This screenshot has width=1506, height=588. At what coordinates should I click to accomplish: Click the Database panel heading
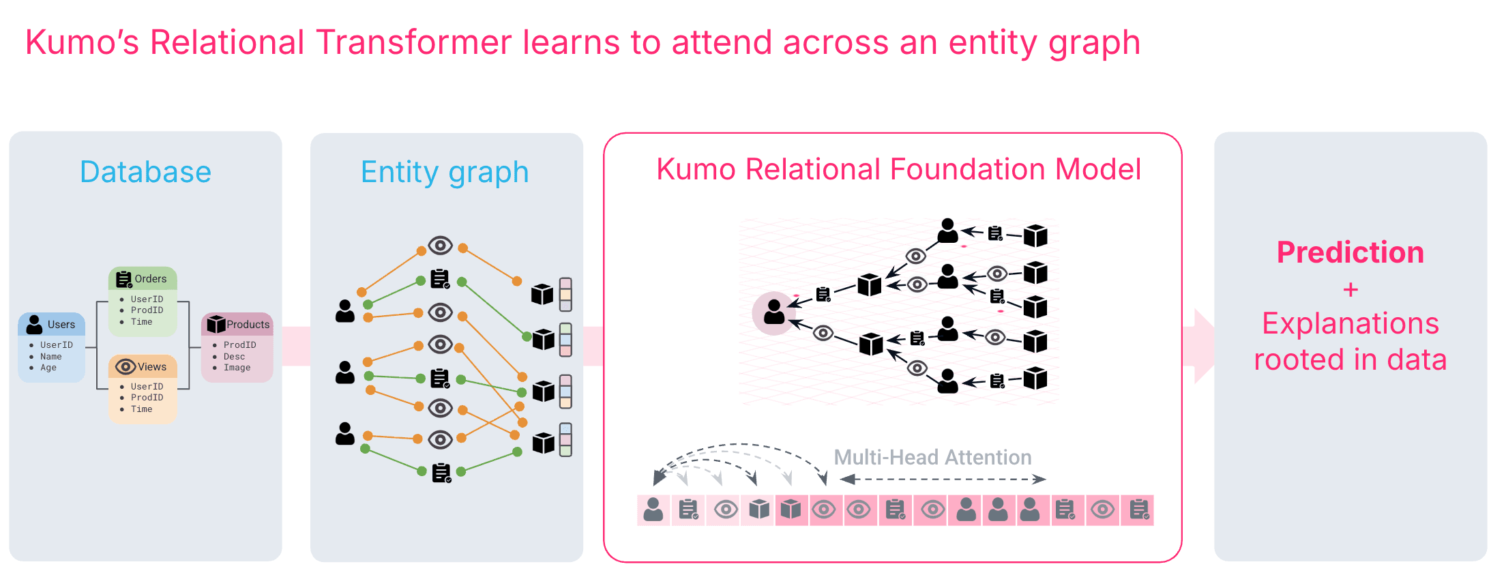click(x=145, y=172)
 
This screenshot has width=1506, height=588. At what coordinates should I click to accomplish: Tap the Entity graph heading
click(x=445, y=172)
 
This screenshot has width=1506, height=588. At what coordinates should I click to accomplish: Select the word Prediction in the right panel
click(x=1350, y=252)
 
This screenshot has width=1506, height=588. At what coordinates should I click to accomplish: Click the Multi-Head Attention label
click(x=932, y=457)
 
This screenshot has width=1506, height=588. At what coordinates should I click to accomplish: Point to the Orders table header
click(x=143, y=279)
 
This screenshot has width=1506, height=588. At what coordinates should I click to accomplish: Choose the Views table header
click(x=143, y=367)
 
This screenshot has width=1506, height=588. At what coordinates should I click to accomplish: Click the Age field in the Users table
click(x=48, y=368)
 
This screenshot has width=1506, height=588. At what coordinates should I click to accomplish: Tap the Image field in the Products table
click(x=237, y=368)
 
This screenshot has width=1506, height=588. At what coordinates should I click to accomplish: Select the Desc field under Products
click(x=234, y=357)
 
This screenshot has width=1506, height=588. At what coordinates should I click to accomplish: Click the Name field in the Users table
click(x=50, y=357)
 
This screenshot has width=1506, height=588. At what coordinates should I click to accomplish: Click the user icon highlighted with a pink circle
click(x=774, y=312)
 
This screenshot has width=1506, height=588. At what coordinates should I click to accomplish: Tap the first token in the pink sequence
click(x=653, y=510)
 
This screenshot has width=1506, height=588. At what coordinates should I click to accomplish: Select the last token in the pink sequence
click(x=1138, y=510)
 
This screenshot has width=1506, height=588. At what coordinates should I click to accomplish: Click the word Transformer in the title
click(x=413, y=42)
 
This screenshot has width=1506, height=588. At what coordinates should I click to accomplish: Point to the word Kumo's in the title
click(x=82, y=42)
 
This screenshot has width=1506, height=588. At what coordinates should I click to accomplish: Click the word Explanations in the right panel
click(x=1350, y=323)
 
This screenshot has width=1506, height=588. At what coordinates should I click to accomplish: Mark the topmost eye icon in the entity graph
click(x=441, y=245)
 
